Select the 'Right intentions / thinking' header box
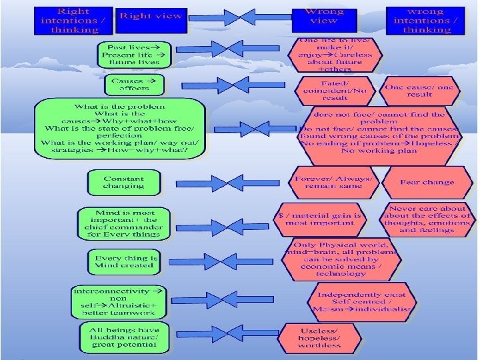(x=74, y=20)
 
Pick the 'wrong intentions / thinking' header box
(x=425, y=20)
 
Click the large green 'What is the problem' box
(x=120, y=129)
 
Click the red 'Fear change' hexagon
(x=427, y=182)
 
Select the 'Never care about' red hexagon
(x=427, y=219)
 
